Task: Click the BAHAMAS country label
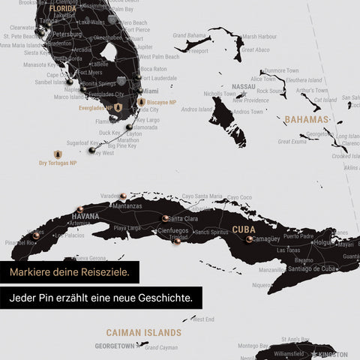[x=307, y=119]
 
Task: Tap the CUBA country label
[x=244, y=229]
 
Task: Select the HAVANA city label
[x=85, y=217]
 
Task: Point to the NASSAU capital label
[x=244, y=87]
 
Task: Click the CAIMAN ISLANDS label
[x=143, y=331]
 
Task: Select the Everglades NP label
[x=95, y=108]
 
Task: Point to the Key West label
[x=103, y=152]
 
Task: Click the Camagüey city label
[x=267, y=238]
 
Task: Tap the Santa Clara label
[x=183, y=218]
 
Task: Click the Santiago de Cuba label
[x=299, y=268]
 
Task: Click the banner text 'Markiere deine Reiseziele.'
[x=70, y=271]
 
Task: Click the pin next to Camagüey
[x=249, y=239]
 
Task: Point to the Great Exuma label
[x=292, y=140]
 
